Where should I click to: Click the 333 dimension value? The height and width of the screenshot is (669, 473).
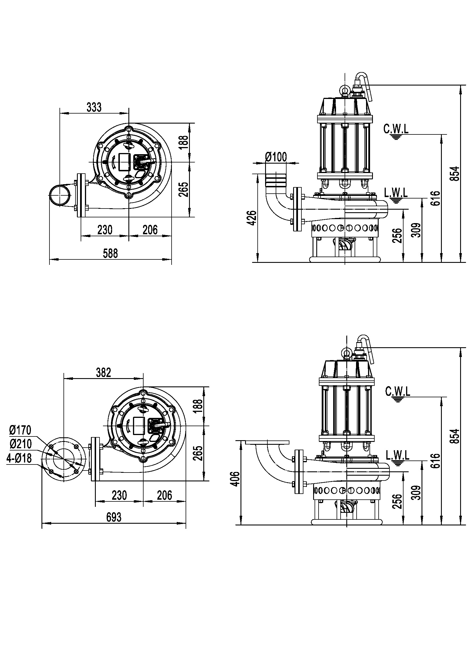point(94,107)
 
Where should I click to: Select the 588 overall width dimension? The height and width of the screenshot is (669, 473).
point(110,253)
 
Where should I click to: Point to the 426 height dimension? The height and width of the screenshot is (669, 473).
point(253,218)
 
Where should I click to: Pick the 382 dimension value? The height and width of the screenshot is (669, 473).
point(104,372)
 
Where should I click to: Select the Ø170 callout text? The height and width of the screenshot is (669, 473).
point(20,430)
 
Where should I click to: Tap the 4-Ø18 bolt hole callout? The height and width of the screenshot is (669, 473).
point(19,458)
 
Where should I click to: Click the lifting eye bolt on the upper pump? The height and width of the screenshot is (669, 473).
point(345,91)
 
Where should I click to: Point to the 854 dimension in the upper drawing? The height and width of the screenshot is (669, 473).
point(456,173)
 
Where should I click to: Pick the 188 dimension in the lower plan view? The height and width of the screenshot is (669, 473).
point(198,406)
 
